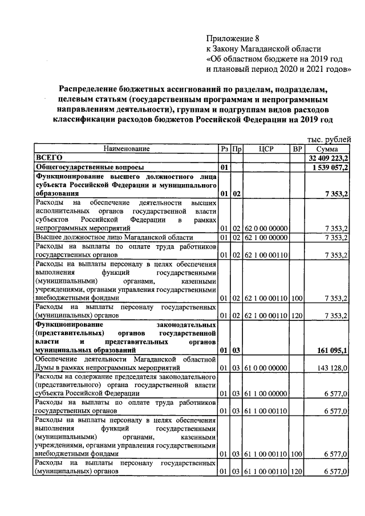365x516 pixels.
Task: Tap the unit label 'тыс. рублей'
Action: point(330,139)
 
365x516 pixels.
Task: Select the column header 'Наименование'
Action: point(126,149)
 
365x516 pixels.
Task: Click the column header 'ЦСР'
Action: point(266,149)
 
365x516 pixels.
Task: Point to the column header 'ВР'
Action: point(297,149)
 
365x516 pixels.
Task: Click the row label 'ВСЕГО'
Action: point(48,157)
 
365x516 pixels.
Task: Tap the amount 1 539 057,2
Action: point(331,168)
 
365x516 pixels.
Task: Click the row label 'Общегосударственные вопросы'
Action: point(90,168)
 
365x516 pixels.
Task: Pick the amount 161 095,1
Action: point(332,350)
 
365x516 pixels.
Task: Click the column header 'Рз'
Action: point(224,149)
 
